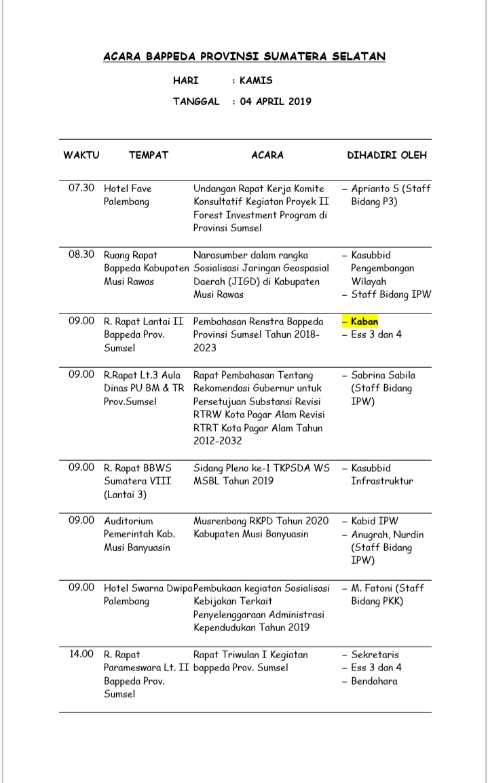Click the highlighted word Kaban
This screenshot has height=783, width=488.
point(364,321)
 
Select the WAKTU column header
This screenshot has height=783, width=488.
point(81,155)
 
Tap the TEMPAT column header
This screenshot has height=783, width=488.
point(149,155)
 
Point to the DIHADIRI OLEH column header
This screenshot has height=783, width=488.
point(387,155)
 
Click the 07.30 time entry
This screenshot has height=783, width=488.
point(81,188)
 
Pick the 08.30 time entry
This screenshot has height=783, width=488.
point(81,255)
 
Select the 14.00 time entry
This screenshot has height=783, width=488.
point(81,655)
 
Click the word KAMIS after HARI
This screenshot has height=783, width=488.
point(256,80)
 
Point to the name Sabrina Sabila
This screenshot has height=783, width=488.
point(383,375)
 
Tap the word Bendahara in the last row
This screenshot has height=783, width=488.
point(374,681)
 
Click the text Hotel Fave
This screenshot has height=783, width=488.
point(128,188)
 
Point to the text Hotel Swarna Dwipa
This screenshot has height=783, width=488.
point(148,588)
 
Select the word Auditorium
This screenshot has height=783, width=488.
point(128,521)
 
